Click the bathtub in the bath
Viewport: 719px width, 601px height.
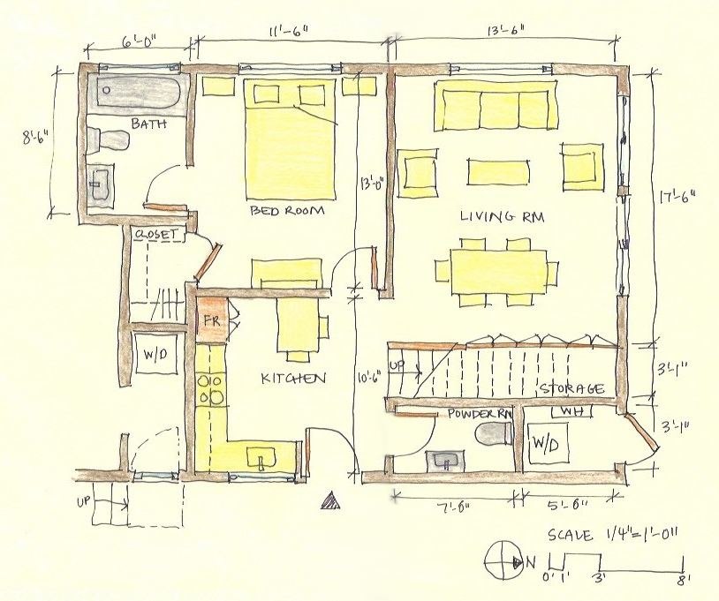[x=139, y=94]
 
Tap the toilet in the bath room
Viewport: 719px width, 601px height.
[x=109, y=139]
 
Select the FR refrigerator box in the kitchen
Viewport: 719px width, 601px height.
[x=212, y=319]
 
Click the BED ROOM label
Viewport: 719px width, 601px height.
[x=287, y=211]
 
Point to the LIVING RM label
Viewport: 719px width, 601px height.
[x=503, y=216]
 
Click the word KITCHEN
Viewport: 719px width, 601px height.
[x=293, y=379]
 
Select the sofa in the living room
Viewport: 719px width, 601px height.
[x=496, y=106]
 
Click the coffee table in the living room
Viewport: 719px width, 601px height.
[x=498, y=173]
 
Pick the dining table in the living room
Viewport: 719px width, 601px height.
[x=498, y=272]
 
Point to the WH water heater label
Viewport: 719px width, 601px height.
[x=572, y=411]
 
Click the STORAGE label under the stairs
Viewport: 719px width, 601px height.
[x=571, y=389]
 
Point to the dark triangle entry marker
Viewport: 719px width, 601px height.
[x=331, y=501]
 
